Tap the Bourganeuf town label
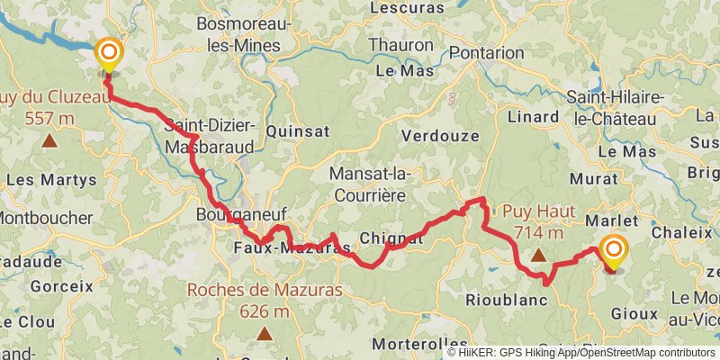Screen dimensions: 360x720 (x=230, y=216)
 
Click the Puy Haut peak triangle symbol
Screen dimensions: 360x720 (x=538, y=256)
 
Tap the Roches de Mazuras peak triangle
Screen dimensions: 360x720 (x=265, y=334)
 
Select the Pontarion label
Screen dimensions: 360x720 (x=486, y=53)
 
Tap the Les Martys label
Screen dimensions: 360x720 (x=51, y=179)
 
